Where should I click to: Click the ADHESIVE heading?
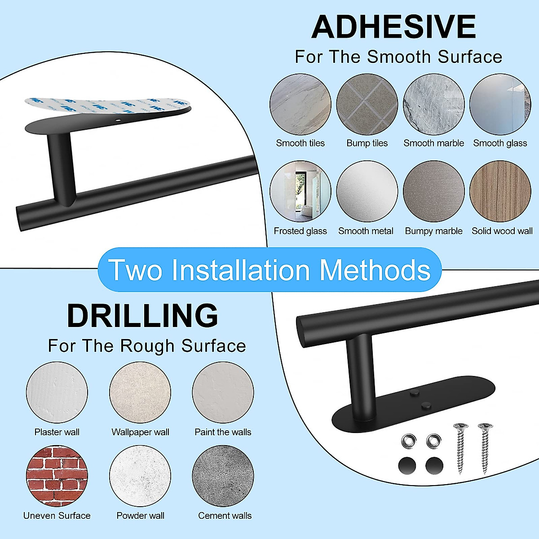point(393,27)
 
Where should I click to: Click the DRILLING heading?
point(142,315)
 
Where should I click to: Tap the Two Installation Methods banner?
point(269,270)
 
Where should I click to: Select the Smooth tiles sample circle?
point(300,105)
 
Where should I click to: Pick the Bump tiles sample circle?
point(367,105)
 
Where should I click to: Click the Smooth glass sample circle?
point(500,105)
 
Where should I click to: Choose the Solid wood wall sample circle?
point(500,192)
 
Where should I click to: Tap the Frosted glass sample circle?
point(300,192)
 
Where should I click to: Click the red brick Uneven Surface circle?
point(57,476)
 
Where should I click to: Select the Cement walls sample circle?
point(223,476)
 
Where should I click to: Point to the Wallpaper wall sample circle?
point(140,392)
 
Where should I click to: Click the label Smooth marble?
point(433,143)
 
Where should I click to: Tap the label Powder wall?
point(140,516)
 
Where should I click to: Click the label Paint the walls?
point(223,432)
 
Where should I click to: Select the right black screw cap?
point(434,464)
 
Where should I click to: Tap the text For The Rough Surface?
point(147,346)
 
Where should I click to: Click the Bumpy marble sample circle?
point(433,192)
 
